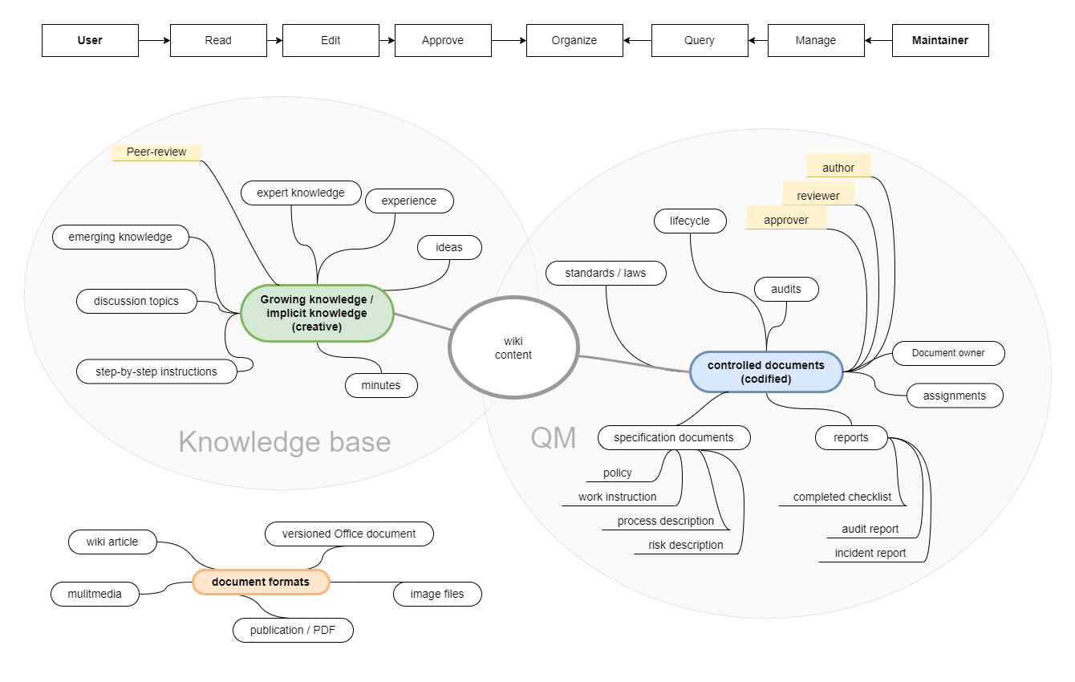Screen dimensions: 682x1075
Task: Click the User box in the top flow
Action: point(90,40)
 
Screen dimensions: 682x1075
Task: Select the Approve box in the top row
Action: point(443,40)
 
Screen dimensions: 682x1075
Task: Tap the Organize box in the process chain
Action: point(574,40)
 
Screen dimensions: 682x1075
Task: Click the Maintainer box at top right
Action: point(940,40)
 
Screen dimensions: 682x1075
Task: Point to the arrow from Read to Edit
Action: point(274,40)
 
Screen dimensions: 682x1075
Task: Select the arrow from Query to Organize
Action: point(637,40)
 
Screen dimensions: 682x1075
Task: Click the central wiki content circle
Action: point(513,348)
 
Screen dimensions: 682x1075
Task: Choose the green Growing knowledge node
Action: point(317,313)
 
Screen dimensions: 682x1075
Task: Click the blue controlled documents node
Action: point(765,371)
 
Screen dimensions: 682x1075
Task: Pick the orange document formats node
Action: point(261,582)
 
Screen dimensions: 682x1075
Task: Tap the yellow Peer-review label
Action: point(156,152)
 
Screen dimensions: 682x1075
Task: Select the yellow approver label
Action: point(786,220)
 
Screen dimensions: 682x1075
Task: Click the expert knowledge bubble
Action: point(301,193)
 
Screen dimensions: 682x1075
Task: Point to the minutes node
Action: point(381,385)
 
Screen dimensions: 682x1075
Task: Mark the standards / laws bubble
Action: point(606,273)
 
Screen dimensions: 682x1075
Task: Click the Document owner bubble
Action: point(948,353)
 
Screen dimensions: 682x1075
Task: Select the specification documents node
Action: point(674,437)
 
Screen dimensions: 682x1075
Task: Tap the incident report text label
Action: point(870,553)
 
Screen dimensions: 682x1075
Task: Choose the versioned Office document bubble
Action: point(349,534)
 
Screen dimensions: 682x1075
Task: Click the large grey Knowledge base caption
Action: point(284,442)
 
